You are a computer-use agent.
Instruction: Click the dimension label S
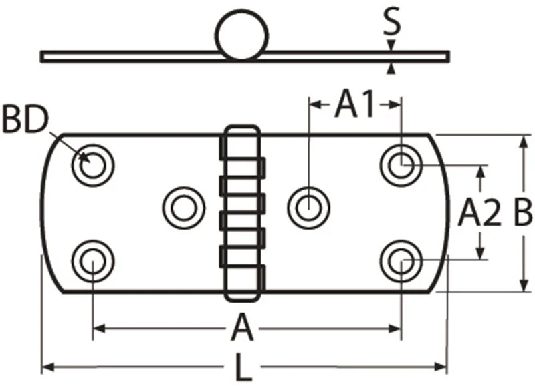[391, 22]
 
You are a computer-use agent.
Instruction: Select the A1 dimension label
[355, 104]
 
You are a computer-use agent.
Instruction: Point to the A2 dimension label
[479, 213]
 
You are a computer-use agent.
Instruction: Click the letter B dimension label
[522, 213]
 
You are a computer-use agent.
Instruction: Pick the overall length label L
[243, 367]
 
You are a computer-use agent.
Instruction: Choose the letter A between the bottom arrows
[242, 327]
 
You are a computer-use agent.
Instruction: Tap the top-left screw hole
[93, 166]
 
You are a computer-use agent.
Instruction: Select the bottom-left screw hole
[93, 262]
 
